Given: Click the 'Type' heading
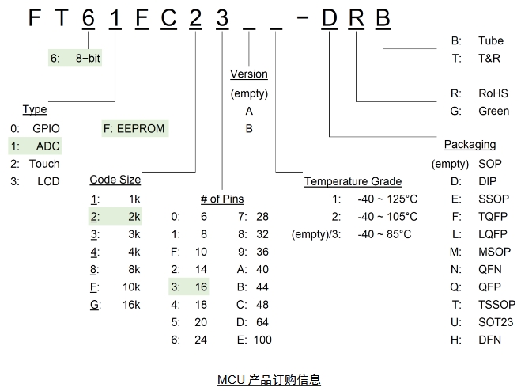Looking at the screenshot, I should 35,109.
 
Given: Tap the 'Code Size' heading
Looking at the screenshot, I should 115,180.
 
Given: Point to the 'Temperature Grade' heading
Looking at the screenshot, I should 353,182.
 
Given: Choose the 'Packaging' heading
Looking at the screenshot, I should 470,145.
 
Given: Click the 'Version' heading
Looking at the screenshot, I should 249,74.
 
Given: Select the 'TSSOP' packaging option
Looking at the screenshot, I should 496,305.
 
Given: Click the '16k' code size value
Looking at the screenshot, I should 131,304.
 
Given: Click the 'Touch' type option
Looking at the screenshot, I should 44,164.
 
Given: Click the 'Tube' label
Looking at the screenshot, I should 490,40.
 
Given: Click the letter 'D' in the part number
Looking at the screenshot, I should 329,17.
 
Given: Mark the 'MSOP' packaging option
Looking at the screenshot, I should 495,252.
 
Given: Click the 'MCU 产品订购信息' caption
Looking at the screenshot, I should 269,380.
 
